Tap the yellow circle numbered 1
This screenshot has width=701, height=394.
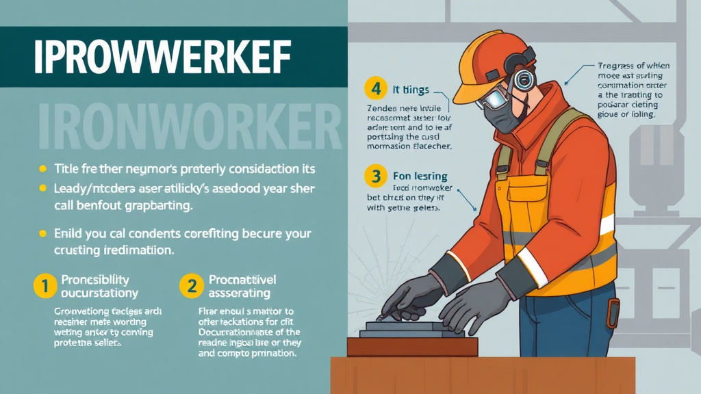[44, 287]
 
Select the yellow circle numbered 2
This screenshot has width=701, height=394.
[191, 287]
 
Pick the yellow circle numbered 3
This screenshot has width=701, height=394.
[375, 177]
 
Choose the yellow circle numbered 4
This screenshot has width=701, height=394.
[375, 89]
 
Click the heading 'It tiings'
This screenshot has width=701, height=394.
[411, 90]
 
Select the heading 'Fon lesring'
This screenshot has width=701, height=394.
[420, 176]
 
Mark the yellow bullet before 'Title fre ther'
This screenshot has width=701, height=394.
[42, 168]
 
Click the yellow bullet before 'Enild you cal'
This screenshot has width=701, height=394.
[42, 234]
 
